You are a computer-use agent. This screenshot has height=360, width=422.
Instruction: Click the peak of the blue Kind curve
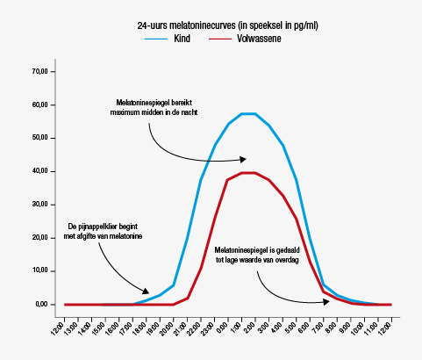pyautogui.click(x=248, y=113)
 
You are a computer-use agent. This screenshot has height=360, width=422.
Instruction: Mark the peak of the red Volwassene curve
pyautogui.click(x=248, y=173)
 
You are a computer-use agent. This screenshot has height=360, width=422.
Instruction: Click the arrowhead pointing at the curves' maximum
pyautogui.click(x=243, y=159)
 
